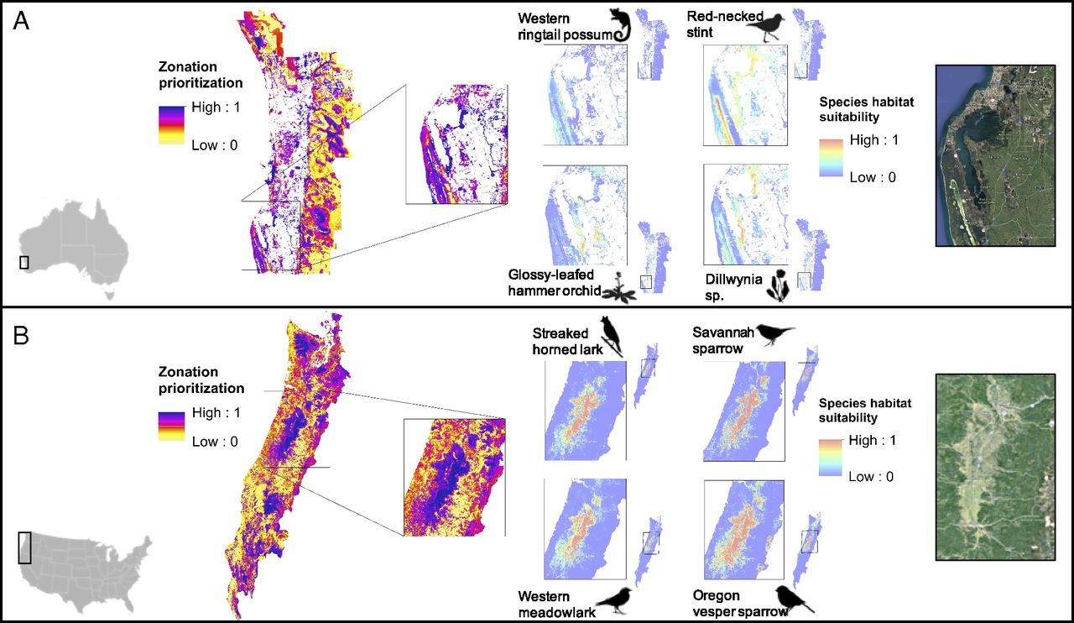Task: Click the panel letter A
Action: point(22,22)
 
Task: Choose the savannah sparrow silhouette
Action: point(775,334)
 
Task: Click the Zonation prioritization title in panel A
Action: point(200,75)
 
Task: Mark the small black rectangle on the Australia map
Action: point(24,262)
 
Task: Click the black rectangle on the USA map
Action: point(24,547)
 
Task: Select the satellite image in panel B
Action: point(994,466)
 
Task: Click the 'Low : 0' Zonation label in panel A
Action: point(216,144)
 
